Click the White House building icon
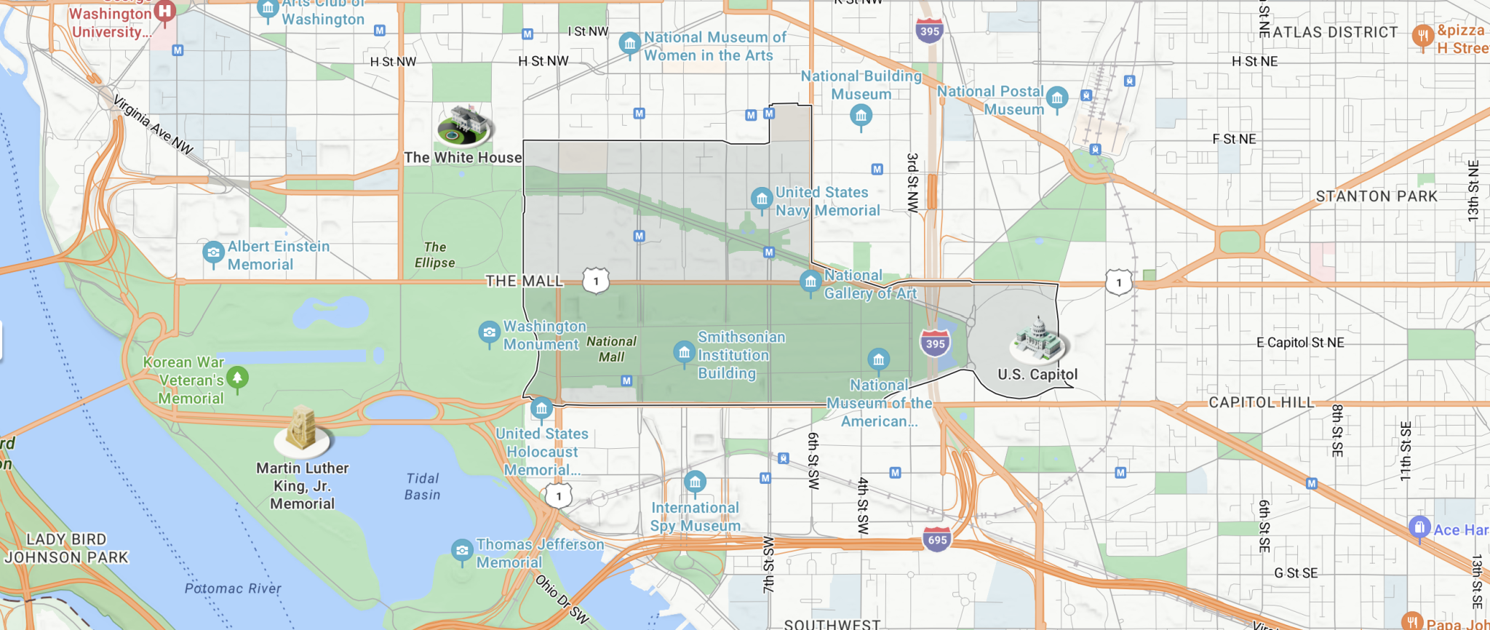tap(465, 124)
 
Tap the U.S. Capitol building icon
tap(1039, 340)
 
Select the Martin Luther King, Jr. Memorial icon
tap(302, 430)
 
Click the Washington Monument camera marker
tap(489, 333)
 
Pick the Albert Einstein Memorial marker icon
tap(213, 253)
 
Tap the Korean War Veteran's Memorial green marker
tap(237, 378)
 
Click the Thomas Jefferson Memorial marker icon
tap(462, 551)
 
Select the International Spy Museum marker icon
tap(695, 482)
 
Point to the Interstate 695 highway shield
tap(937, 540)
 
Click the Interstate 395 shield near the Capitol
tap(935, 343)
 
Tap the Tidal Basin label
tap(423, 487)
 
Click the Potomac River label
tap(233, 589)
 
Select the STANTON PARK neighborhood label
tap(1377, 196)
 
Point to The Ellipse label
tap(435, 255)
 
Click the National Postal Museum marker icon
tap(1057, 97)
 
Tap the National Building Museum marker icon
tap(861, 115)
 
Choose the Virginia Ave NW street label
tap(153, 126)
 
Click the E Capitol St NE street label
tap(1300, 343)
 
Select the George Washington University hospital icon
tap(165, 11)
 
